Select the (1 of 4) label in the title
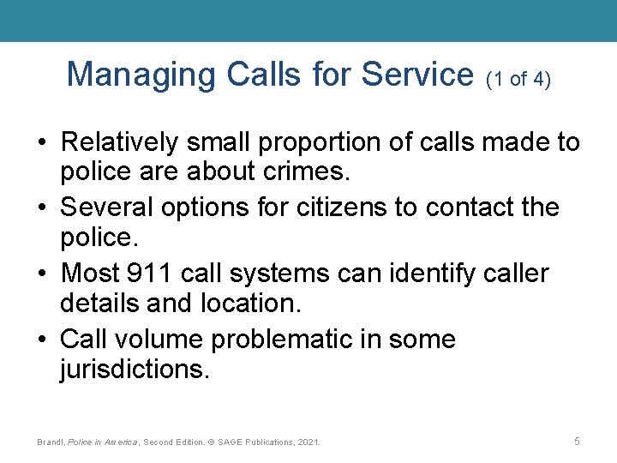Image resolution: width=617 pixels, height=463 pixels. (x=518, y=80)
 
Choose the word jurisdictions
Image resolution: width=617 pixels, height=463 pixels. (x=134, y=370)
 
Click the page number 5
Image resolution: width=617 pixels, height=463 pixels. (x=577, y=441)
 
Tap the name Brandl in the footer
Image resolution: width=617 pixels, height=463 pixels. (x=51, y=442)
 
